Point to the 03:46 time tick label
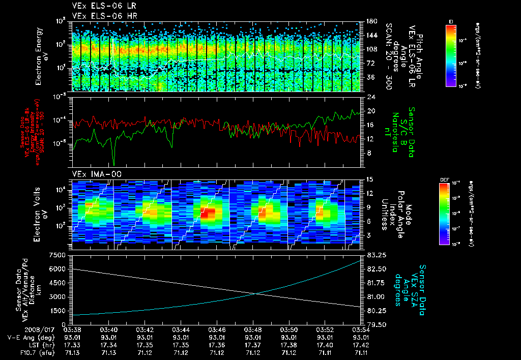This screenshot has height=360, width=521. click(217, 330)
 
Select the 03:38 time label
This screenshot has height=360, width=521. click(73, 330)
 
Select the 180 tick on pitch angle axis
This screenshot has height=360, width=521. click(370, 21)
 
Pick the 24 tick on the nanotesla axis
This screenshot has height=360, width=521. click(371, 97)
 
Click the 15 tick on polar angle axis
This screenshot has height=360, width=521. click(370, 179)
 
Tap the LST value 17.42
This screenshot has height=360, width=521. click(361, 345)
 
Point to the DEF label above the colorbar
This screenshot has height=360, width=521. click(443, 180)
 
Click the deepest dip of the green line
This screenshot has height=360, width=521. click(114, 164)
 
